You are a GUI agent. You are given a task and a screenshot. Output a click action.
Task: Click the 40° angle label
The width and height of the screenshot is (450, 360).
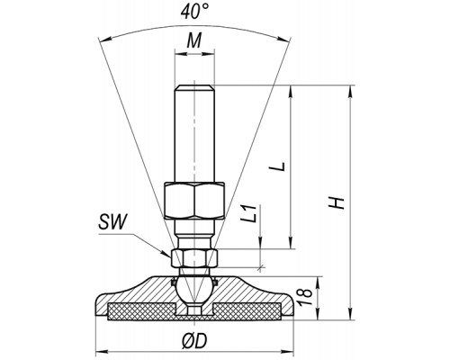coord(194,12)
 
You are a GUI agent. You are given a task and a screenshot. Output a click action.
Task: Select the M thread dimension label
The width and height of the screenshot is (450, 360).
coord(194,40)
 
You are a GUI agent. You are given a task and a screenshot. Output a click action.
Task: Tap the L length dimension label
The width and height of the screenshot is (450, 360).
coord(280,166)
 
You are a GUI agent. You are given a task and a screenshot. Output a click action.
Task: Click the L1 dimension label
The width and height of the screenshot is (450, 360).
coord(249,213)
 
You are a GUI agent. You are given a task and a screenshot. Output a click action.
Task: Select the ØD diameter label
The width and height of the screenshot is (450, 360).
coord(194,341)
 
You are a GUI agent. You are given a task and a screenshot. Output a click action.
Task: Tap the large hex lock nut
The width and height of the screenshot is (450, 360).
coord(194,201)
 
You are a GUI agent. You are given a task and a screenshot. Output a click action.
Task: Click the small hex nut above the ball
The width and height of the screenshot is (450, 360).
coord(194,258)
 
